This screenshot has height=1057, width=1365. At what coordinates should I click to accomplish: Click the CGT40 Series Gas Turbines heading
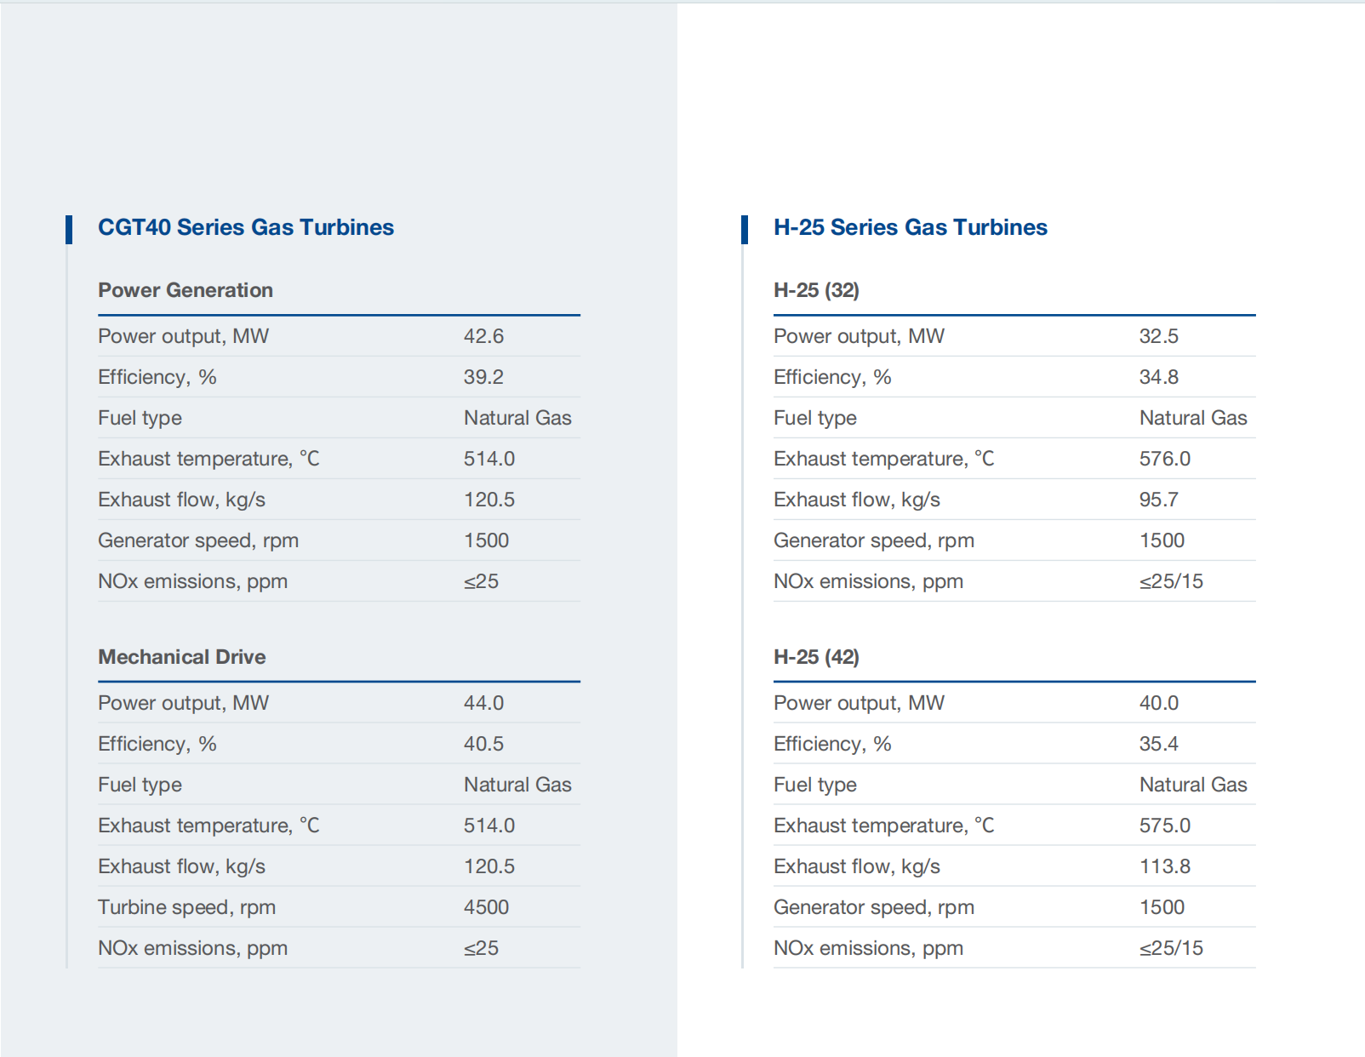point(246,227)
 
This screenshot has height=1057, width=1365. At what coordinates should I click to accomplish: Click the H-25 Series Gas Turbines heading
point(911,227)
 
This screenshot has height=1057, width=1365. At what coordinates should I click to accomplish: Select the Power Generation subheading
point(186,290)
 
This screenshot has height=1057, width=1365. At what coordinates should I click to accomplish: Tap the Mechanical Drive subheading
point(181,657)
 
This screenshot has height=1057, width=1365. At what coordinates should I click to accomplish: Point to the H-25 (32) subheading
point(816,290)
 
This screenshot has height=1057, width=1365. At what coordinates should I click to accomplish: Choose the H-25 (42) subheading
point(816,657)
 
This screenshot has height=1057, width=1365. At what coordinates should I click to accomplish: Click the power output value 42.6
point(483,336)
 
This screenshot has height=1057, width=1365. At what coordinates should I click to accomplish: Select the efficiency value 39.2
point(483,377)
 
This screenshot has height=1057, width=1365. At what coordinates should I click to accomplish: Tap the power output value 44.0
point(483,703)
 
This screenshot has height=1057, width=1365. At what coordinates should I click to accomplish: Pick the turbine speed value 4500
point(486,907)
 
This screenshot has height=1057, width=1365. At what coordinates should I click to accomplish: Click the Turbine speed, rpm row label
point(186,907)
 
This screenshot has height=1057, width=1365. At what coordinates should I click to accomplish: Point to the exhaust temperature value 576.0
point(1165,459)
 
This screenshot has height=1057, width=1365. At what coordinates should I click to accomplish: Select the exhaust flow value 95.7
point(1158,500)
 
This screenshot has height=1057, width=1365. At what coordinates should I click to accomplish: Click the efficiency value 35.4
point(1158,744)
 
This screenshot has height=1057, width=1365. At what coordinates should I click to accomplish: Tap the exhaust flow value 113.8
point(1165,866)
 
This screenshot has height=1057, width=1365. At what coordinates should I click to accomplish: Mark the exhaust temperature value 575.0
point(1165,826)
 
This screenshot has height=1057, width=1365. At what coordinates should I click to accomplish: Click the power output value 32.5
point(1158,336)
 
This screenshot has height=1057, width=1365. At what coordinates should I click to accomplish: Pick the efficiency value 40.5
point(483,744)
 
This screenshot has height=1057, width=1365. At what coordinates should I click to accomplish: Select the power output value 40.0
point(1158,703)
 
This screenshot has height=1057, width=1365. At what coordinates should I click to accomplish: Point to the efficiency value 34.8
point(1158,377)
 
